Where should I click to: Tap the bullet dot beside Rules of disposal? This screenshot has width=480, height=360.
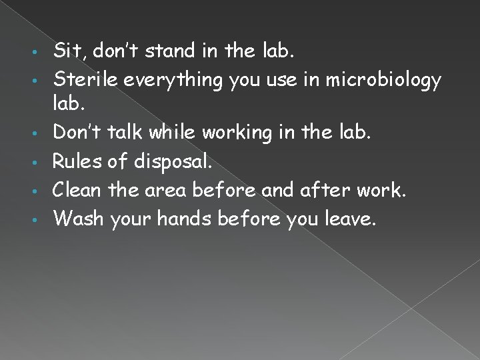point(43,162)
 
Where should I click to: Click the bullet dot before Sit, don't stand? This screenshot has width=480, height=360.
point(43,51)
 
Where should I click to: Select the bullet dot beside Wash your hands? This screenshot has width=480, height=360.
point(43,221)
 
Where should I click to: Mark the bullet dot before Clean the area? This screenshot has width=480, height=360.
point(43,191)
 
